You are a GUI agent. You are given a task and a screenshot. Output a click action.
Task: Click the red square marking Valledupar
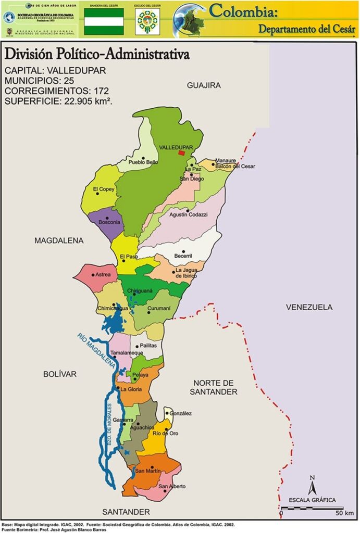click(181, 153)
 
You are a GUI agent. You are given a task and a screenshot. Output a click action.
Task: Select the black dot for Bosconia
click(107, 218)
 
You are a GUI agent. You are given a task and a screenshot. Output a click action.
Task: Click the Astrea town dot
click(93, 274)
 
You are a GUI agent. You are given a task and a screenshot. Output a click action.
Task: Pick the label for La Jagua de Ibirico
click(186, 273)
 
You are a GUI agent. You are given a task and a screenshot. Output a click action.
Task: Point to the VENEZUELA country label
click(308, 307)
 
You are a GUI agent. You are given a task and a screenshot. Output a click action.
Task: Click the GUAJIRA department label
click(204, 85)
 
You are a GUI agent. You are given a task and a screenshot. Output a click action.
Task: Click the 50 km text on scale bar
click(344, 513)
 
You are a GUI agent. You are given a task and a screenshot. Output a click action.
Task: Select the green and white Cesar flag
click(104, 21)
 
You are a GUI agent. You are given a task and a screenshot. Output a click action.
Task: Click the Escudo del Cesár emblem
click(147, 21)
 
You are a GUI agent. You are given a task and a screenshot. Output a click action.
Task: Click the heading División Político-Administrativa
click(96, 54)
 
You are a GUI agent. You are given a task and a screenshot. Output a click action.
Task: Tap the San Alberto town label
click(172, 487)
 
